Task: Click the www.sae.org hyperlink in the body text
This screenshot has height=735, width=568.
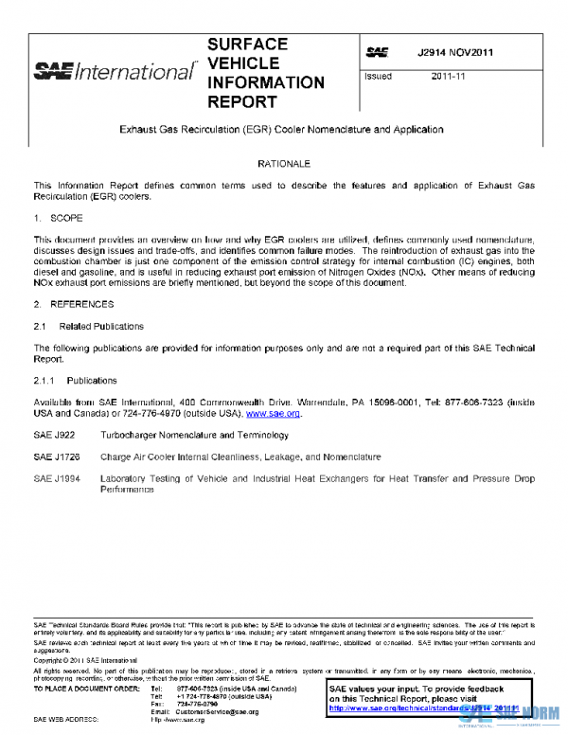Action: [273, 414]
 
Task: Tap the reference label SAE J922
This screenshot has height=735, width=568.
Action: [53, 435]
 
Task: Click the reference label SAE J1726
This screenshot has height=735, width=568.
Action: [56, 457]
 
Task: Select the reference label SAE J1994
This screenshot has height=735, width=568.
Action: [56, 479]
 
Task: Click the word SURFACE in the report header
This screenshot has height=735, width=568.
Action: [247, 45]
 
